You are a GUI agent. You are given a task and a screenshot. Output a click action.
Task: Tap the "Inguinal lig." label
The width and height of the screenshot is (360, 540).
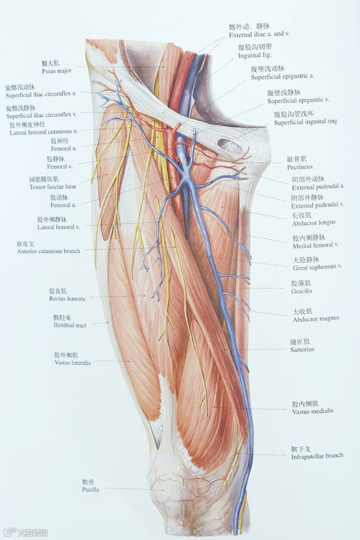tap(255, 55)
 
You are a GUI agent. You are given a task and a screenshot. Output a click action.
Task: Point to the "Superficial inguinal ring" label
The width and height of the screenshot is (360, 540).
tap(305, 122)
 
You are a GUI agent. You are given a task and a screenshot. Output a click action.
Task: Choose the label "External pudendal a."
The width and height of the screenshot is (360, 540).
tap(318, 187)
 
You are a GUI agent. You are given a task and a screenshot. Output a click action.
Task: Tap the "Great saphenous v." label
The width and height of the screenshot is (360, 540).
tap(317, 267)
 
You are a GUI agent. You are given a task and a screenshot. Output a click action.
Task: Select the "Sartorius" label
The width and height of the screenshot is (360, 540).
tap(302, 350)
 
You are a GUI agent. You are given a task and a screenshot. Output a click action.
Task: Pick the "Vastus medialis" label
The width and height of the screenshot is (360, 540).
tap(313, 411)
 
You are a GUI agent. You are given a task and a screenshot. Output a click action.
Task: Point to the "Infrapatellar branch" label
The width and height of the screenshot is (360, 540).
tap(317, 456)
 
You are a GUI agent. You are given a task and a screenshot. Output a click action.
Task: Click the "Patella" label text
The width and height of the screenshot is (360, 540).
tap(90, 490)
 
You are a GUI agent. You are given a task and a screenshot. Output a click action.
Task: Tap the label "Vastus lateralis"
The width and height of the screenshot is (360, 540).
tap(72, 363)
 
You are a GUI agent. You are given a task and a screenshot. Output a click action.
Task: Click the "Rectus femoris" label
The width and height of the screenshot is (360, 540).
tap(67, 299)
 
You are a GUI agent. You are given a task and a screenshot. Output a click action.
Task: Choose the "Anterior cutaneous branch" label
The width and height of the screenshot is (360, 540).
tap(48, 252)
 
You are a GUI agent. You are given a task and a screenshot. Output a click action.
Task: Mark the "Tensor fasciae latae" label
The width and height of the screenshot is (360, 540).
tap(51, 187)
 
